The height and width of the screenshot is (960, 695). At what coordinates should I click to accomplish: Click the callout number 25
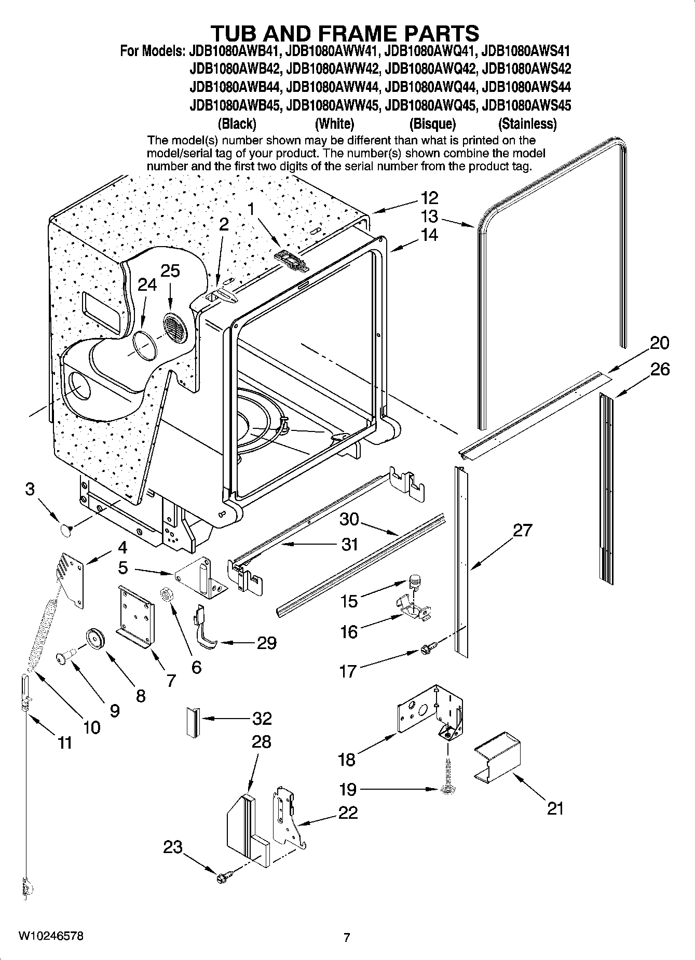(x=170, y=271)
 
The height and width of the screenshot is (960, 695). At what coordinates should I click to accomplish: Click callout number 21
(x=555, y=808)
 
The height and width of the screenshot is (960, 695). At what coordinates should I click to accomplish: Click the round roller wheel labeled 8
(x=96, y=638)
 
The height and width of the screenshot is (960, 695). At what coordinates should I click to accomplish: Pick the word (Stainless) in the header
(x=527, y=124)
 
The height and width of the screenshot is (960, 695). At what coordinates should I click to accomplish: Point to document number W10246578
(x=50, y=937)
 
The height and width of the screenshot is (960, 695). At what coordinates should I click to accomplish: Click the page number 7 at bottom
(x=347, y=938)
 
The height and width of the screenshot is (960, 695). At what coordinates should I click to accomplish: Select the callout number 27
(x=523, y=530)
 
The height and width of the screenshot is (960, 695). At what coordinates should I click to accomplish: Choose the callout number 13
(x=429, y=217)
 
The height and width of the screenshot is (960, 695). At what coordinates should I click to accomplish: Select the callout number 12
(x=429, y=197)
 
